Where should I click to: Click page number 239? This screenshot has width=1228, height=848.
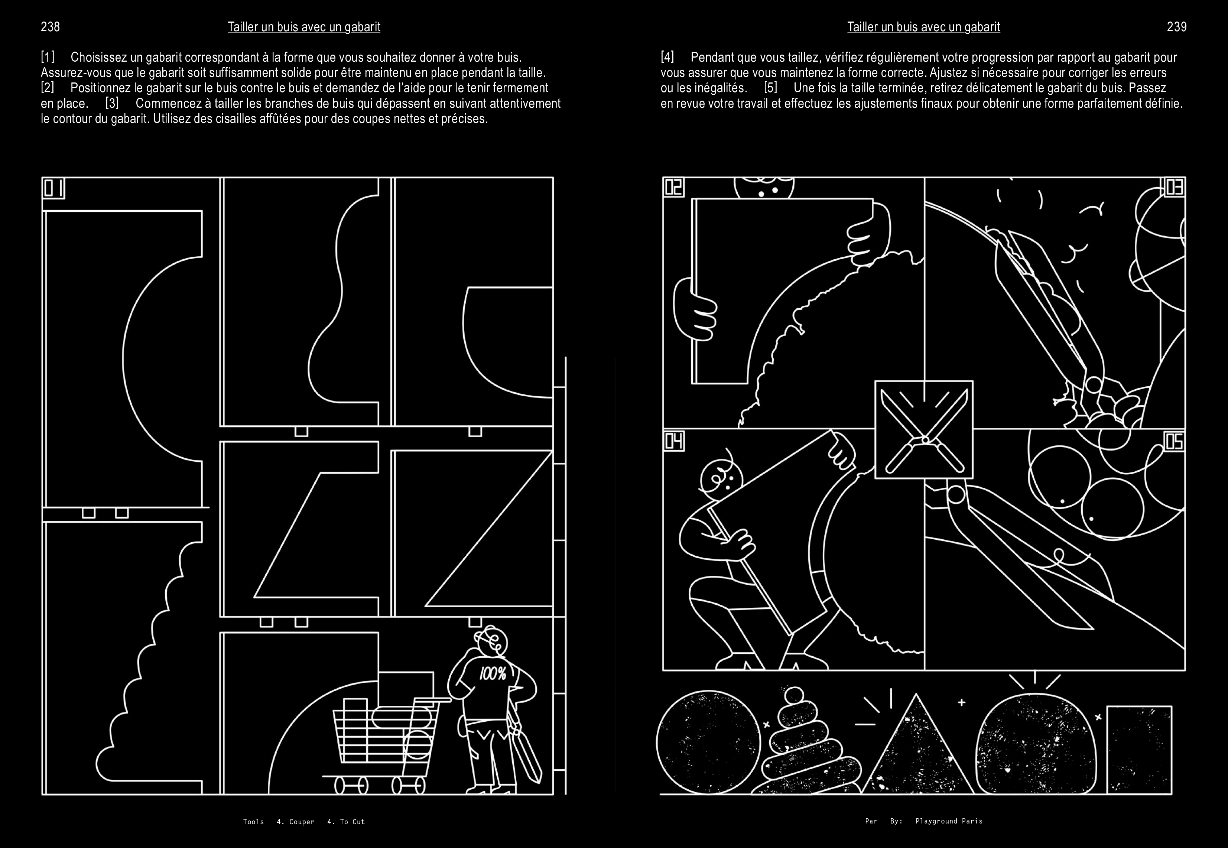point(1176,27)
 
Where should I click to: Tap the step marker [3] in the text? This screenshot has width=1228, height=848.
point(112,103)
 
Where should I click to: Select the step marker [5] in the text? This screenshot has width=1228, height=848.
point(770,88)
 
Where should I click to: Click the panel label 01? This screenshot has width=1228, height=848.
point(53,188)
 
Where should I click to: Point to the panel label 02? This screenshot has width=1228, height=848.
point(673,187)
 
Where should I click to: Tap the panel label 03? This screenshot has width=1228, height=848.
point(1175,187)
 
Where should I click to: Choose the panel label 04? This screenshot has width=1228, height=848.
point(673,441)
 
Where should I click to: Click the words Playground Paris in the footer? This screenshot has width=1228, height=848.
point(949,821)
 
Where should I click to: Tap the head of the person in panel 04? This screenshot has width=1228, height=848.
point(718,475)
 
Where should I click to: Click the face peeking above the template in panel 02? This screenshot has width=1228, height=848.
point(764,189)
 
